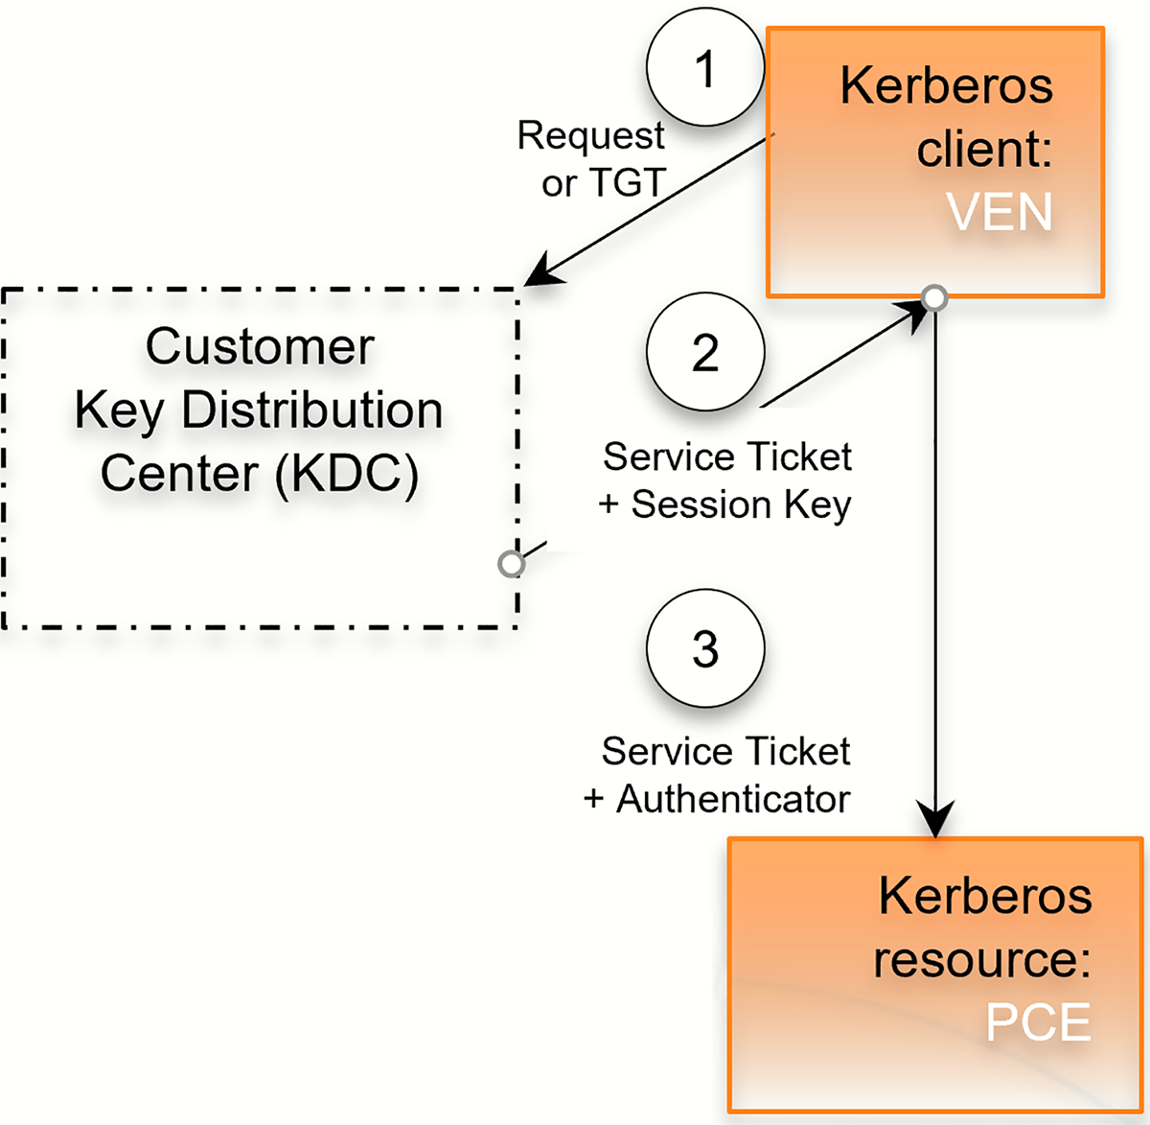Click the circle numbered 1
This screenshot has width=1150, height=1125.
click(x=705, y=69)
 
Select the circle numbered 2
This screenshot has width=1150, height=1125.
click(x=705, y=352)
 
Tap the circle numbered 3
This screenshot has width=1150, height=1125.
click(x=705, y=648)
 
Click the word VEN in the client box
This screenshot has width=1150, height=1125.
click(x=1000, y=212)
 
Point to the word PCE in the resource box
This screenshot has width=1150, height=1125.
click(x=1038, y=1022)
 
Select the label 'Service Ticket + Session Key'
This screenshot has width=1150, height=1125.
click(x=726, y=480)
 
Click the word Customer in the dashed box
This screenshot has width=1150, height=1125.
click(x=260, y=346)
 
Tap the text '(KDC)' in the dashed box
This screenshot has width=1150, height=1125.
click(x=347, y=474)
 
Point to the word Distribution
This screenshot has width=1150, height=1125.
click(x=311, y=410)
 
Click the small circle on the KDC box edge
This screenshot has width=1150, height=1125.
click(x=512, y=564)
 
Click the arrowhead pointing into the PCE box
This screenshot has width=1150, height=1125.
click(x=934, y=821)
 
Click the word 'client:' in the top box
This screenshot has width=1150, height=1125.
click(x=984, y=150)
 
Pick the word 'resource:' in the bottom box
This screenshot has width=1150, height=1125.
click(x=982, y=959)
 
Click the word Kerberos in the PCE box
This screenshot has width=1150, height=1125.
click(x=985, y=896)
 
